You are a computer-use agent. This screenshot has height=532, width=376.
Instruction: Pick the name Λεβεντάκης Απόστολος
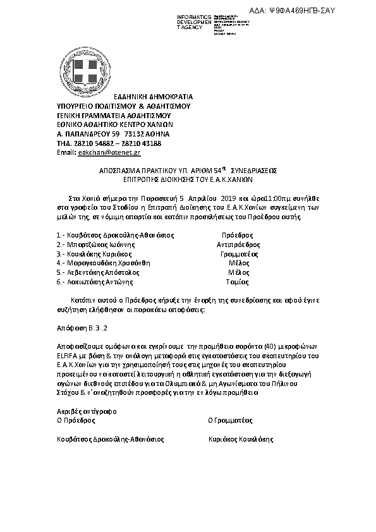pyautogui.click(x=103, y=272)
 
